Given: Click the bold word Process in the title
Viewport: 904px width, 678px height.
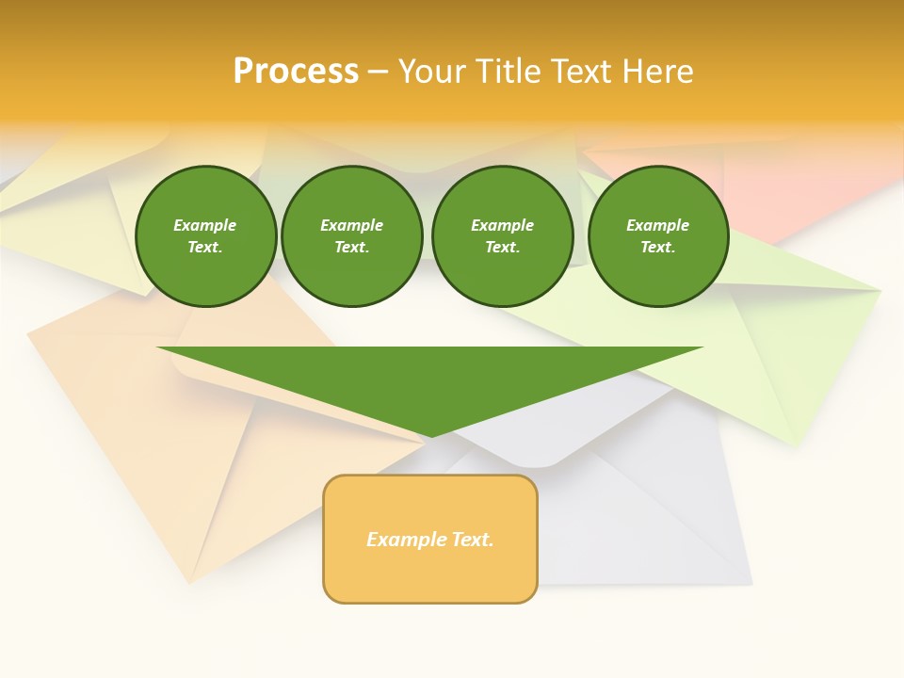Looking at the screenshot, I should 296,72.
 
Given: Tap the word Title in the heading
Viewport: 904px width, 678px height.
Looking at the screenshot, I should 505,72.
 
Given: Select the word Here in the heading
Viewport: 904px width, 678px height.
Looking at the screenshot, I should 658,72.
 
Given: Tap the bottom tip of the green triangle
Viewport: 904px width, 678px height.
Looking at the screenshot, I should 431,435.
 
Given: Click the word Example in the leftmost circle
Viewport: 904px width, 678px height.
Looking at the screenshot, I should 205,225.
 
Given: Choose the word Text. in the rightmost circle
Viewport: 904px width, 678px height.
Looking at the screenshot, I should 658,248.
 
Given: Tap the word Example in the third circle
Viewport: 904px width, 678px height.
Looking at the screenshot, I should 502,225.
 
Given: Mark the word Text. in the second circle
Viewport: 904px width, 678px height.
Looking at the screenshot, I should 351,248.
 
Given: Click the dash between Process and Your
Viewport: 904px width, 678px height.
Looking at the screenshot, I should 379,73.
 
